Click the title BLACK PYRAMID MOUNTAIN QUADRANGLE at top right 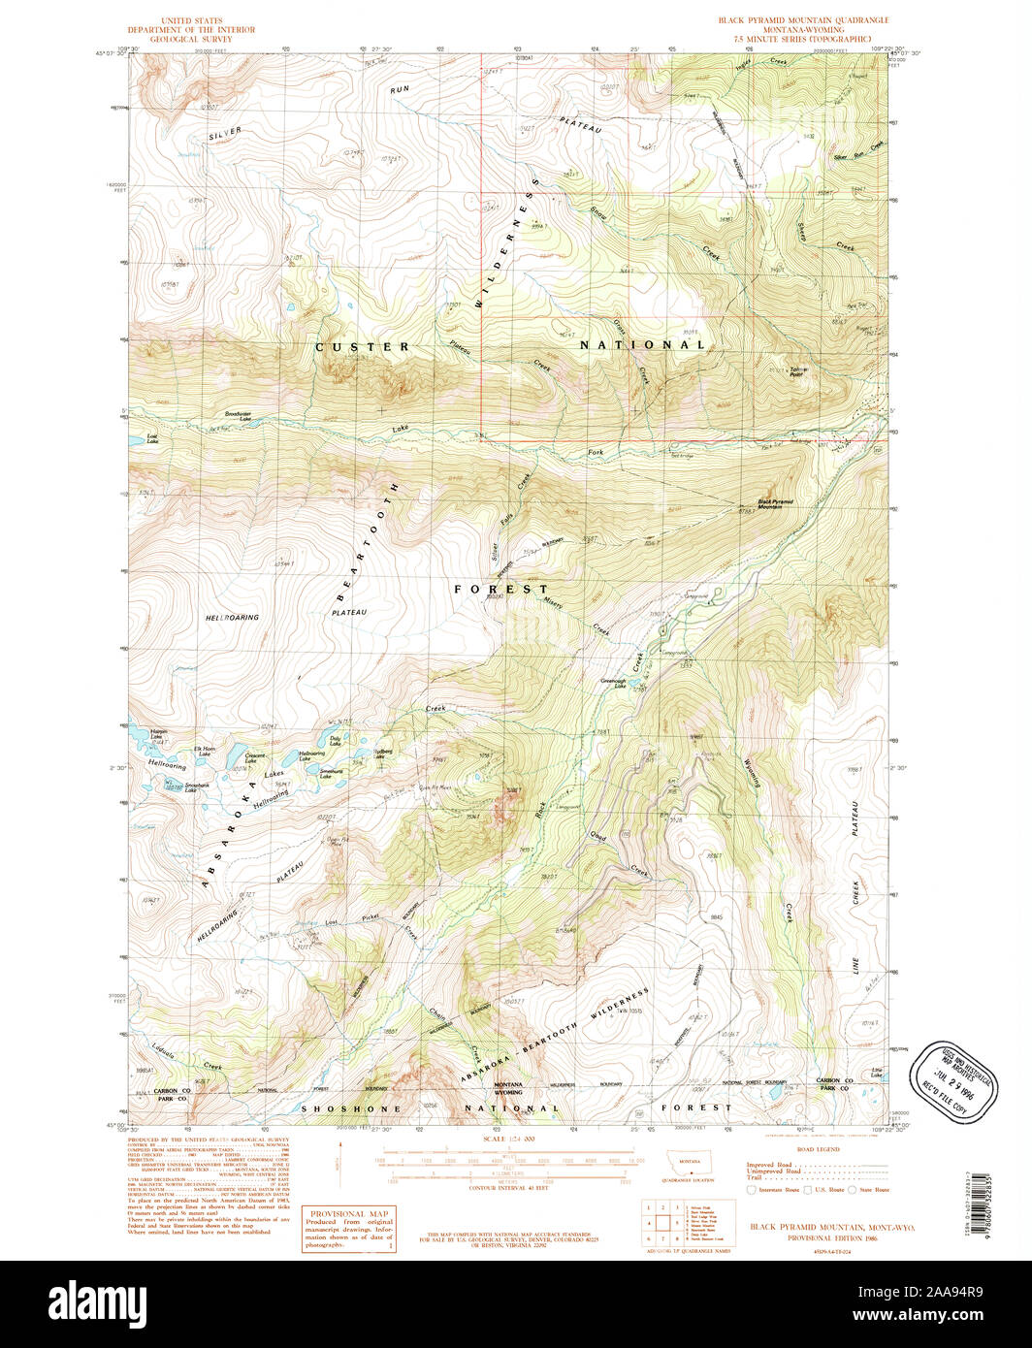pos(802,19)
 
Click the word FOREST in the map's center pos(502,589)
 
